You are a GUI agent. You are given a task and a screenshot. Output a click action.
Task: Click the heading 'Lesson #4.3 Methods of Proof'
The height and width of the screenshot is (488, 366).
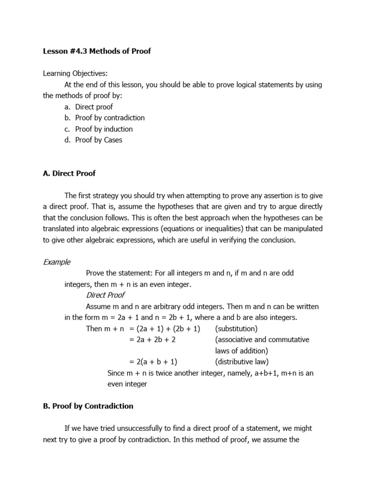pyautogui.click(x=97, y=51)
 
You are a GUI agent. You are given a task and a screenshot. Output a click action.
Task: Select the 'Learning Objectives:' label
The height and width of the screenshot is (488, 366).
pyautogui.click(x=75, y=73)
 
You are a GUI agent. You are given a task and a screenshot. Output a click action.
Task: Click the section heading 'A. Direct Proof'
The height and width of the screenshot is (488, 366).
pyautogui.click(x=69, y=173)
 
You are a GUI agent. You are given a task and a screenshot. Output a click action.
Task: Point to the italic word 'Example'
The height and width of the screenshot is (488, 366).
pyautogui.click(x=57, y=262)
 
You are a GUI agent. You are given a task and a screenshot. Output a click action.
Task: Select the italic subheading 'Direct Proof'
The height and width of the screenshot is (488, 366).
pyautogui.click(x=105, y=295)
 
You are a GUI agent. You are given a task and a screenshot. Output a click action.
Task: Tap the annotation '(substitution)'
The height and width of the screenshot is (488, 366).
pyautogui.click(x=236, y=329)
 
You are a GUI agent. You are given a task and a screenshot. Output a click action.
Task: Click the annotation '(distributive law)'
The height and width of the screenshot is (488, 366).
pyautogui.click(x=242, y=362)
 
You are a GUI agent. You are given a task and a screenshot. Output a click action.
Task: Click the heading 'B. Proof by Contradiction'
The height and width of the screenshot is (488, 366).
pyautogui.click(x=88, y=406)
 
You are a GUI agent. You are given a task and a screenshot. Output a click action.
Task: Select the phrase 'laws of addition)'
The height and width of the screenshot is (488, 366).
pyautogui.click(x=242, y=351)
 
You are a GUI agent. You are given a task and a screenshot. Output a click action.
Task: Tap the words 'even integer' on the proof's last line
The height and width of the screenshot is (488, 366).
pyautogui.click(x=127, y=384)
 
